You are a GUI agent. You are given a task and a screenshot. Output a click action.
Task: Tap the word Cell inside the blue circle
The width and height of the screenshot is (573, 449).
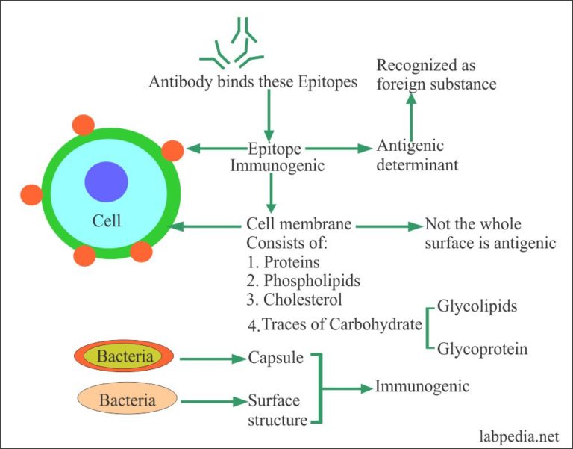pyautogui.click(x=107, y=221)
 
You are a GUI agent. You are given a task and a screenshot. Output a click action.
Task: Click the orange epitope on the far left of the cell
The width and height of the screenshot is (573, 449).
pyautogui.click(x=31, y=195)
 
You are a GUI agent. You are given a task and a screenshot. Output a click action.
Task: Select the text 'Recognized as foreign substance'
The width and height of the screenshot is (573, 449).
pyautogui.click(x=436, y=75)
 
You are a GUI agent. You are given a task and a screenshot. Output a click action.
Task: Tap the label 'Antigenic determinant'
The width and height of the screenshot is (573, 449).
pyautogui.click(x=417, y=155)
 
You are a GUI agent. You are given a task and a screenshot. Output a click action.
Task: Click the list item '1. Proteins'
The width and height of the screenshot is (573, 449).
pyautogui.click(x=283, y=262)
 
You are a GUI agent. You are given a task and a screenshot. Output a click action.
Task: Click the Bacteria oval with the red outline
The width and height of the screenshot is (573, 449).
pyautogui.click(x=125, y=357)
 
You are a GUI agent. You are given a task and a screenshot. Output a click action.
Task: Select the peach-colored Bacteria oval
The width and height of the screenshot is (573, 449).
pyautogui.click(x=127, y=400)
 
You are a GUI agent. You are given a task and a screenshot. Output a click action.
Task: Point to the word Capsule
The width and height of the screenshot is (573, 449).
pyautogui.click(x=276, y=358)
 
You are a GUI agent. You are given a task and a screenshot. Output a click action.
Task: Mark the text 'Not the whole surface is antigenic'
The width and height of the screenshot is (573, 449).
pyautogui.click(x=489, y=233)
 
